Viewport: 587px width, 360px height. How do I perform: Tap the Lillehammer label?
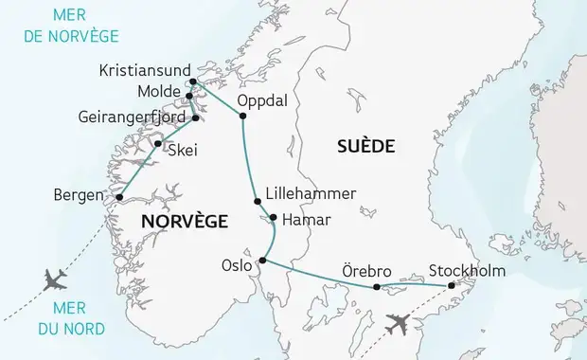pyautogui.click(x=311, y=193)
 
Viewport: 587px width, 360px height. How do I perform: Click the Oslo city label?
pyautogui.click(x=237, y=266)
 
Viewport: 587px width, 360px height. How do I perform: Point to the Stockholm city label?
pyautogui.click(x=467, y=271)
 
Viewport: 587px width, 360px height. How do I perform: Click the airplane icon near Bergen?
pyautogui.click(x=56, y=279)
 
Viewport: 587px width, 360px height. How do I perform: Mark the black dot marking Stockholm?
pyautogui.click(x=452, y=285)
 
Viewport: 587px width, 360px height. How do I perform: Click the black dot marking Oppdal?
pyautogui.click(x=242, y=117)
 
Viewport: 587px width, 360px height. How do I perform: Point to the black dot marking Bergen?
pyautogui.click(x=118, y=197)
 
